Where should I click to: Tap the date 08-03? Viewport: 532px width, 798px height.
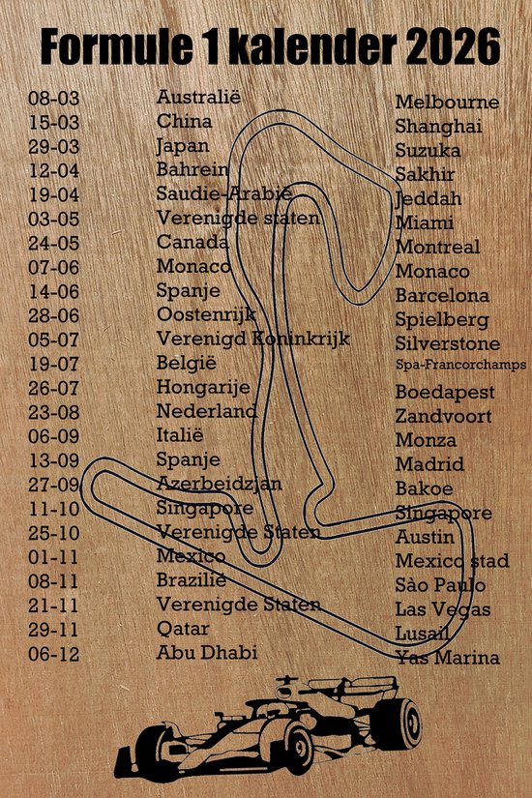click(55, 98)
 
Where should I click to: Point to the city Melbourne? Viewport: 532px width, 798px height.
click(447, 103)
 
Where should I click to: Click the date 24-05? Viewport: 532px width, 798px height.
click(55, 243)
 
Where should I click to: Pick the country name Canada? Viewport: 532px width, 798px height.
click(192, 242)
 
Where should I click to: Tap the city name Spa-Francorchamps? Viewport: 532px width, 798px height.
click(460, 366)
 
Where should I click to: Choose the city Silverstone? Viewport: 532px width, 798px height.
click(448, 343)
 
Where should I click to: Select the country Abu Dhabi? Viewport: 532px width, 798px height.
click(207, 653)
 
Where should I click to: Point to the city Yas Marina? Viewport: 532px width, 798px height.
click(447, 658)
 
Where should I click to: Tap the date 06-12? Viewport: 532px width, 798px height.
click(55, 654)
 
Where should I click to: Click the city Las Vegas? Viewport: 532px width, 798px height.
click(442, 609)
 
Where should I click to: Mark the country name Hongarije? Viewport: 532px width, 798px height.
click(203, 387)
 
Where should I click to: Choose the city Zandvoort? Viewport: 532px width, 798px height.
click(443, 417)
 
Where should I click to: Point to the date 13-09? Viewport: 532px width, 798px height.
click(55, 460)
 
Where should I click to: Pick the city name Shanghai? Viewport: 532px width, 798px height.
click(438, 127)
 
